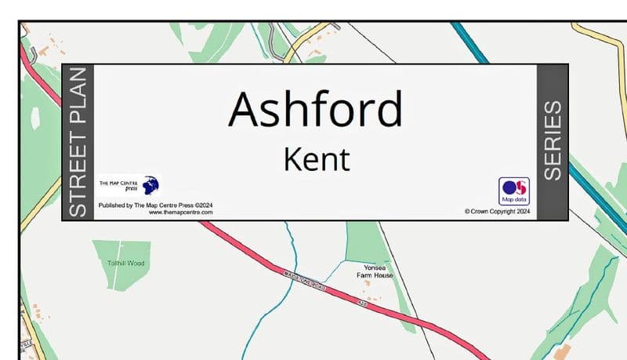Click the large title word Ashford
pos(315,109)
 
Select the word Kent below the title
pos(316,159)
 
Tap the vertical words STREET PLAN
pos(78,142)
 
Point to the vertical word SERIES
pos(552,140)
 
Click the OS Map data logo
pos(513,191)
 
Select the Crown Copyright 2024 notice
pos(497,211)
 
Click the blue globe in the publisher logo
pos(150,185)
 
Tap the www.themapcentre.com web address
pos(180,213)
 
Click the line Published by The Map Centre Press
pos(155,205)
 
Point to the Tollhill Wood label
pos(126,264)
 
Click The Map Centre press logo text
pos(118,186)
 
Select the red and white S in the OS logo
pos(520,187)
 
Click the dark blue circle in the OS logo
pos(508,187)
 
